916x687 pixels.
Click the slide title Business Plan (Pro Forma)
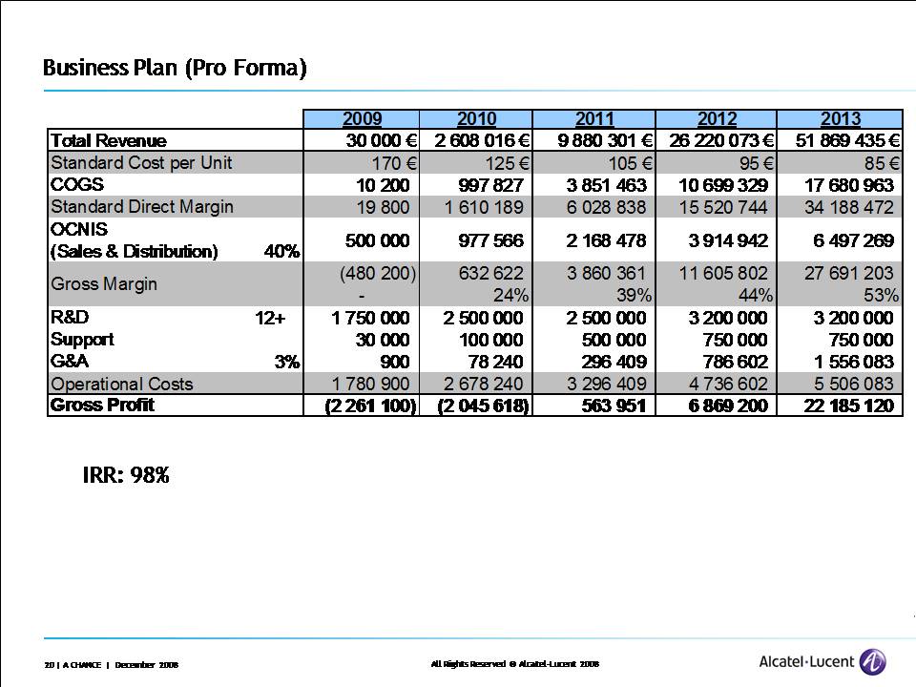pos(175,69)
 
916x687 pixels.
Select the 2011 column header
pos(594,119)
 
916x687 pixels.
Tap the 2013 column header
pos(840,119)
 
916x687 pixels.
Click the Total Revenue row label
pos(109,141)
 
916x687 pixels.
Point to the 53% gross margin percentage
pos(879,295)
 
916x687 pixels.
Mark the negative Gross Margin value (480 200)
pos(378,274)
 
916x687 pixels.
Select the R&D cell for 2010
pos(483,318)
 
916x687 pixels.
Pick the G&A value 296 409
pos(607,362)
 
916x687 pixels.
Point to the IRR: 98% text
pos(126,475)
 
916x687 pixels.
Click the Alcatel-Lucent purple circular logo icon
pos(872,661)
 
